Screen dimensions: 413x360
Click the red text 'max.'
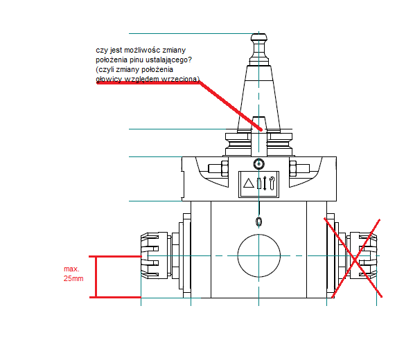[x=71, y=269]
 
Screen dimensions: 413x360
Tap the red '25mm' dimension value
[x=73, y=278]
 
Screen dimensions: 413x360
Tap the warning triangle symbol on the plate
[x=248, y=183]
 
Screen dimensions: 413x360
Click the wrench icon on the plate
[x=272, y=183]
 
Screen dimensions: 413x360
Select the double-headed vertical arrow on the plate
[x=265, y=183]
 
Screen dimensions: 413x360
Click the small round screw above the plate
[x=258, y=164]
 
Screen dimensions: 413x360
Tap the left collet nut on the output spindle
[x=154, y=255]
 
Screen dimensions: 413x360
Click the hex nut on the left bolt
[x=225, y=168]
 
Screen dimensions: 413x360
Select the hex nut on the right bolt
[x=293, y=168]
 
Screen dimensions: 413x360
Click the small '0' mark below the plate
[x=259, y=222]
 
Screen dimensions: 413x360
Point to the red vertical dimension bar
[x=96, y=277]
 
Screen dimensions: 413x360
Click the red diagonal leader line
[x=231, y=106]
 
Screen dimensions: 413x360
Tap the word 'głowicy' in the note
[x=109, y=79]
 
